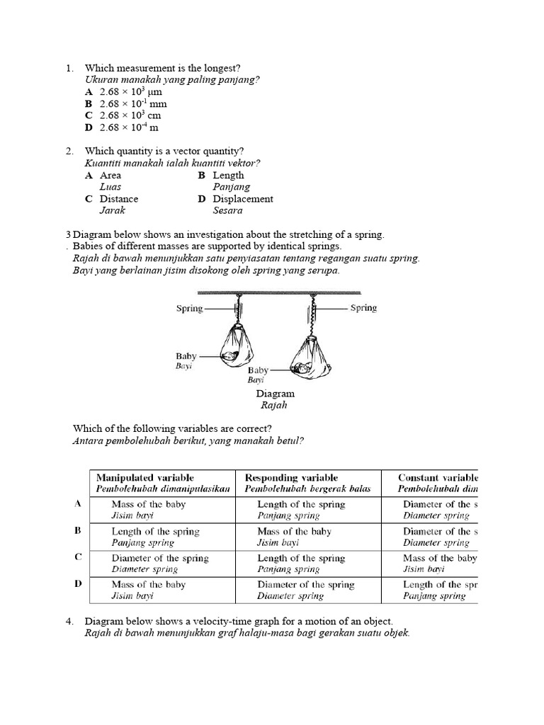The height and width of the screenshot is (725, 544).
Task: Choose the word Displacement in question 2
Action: [242, 199]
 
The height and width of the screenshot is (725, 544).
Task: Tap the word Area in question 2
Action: [110, 175]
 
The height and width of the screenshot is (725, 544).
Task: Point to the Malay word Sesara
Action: [227, 210]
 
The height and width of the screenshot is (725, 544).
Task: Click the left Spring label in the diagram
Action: [189, 309]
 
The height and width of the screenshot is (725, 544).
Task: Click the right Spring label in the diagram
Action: [363, 308]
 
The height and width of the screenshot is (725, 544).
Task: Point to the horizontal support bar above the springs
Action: [280, 292]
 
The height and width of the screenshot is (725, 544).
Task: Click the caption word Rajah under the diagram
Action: [275, 406]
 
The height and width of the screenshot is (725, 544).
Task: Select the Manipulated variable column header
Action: [144, 478]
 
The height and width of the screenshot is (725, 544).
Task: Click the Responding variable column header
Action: [291, 478]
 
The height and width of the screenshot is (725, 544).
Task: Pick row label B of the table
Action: [78, 530]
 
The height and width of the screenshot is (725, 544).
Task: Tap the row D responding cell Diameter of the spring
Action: [306, 585]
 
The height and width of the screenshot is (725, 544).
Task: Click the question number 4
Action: [69, 621]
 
